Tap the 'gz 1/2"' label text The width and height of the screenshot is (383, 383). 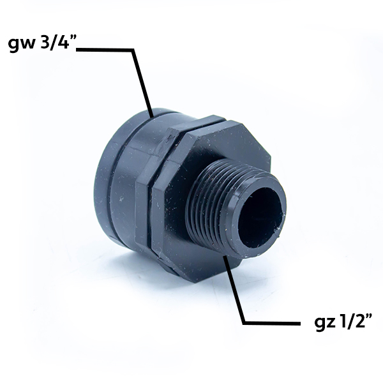(343, 322)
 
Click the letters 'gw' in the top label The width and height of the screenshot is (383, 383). (22, 45)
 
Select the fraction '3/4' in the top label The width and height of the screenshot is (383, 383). (52, 43)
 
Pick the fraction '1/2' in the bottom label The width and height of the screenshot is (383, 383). (350, 322)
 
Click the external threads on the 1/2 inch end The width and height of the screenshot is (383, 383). (210, 207)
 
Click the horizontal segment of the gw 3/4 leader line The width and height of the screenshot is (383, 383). (105, 50)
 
